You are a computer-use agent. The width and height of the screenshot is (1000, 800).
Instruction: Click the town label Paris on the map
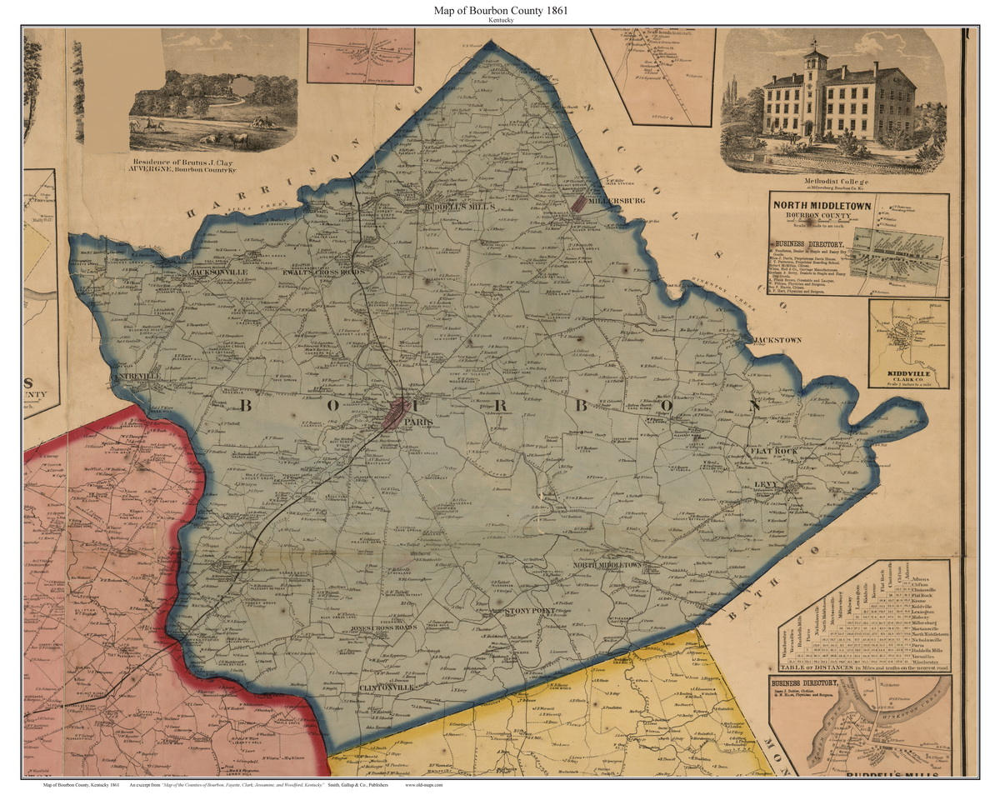click(416, 422)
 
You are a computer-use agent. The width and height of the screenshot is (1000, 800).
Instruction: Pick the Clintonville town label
click(387, 687)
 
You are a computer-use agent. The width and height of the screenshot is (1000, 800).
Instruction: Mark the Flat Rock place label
click(774, 451)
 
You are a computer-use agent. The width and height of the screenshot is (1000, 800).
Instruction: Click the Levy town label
click(765, 482)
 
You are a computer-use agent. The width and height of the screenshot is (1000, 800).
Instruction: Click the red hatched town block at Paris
click(394, 414)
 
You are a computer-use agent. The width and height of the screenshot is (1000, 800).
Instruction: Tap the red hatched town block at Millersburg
click(578, 202)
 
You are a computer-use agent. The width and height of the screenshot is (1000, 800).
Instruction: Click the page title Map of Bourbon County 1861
click(500, 9)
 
